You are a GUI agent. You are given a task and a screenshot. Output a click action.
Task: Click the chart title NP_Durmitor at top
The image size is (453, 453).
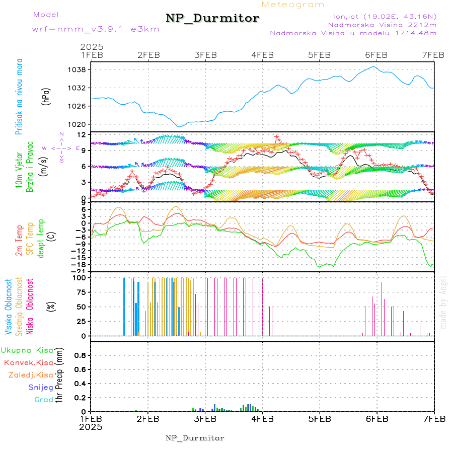(212, 19)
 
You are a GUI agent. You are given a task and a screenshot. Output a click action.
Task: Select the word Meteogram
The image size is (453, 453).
(293, 5)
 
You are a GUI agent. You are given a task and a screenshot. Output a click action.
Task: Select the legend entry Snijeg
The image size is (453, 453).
(41, 388)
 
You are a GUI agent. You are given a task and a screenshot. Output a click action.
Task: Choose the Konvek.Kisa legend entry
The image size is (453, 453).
(28, 362)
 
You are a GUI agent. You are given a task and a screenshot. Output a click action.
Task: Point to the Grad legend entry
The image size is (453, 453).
(43, 400)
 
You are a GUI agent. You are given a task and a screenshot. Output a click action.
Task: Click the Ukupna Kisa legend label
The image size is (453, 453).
(27, 350)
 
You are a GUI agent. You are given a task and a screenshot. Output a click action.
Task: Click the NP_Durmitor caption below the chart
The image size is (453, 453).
(195, 438)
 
